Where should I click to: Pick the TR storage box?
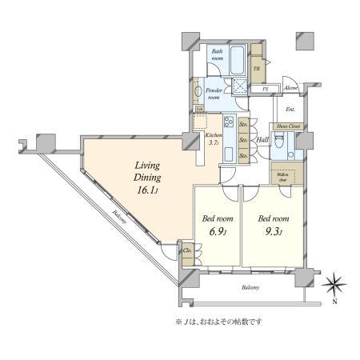tap(257, 69)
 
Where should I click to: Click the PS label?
tap(266, 88)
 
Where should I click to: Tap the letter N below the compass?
tap(334, 302)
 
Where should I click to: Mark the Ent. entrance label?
tap(290, 109)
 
